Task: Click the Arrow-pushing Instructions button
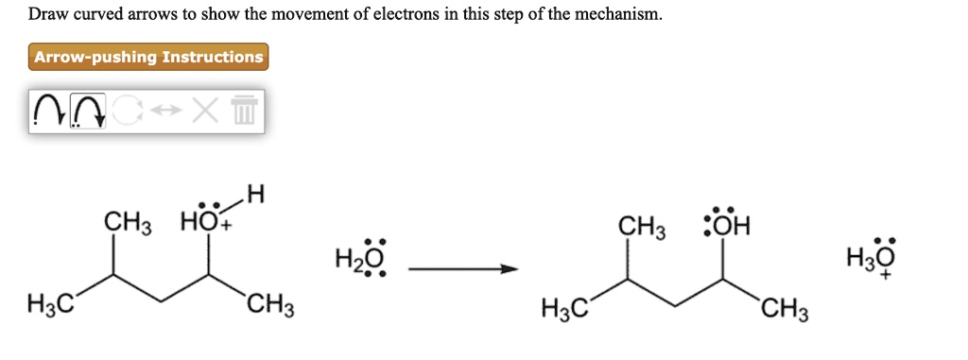click(148, 58)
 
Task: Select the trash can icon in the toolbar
click(244, 111)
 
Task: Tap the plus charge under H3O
click(885, 279)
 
